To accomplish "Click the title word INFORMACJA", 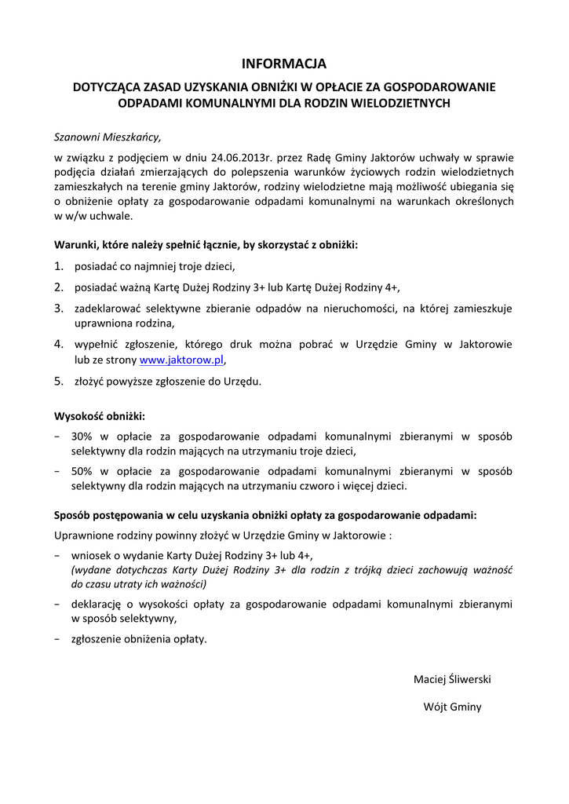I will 283,64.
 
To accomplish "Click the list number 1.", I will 58,266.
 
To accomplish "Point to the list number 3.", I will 58,309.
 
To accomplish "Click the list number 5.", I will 58,382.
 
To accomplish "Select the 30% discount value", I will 82,437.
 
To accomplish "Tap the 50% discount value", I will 82,472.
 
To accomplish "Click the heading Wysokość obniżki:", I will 100,416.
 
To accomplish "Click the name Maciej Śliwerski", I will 452,679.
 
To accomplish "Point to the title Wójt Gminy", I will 452,707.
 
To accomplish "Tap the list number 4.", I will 58,344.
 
